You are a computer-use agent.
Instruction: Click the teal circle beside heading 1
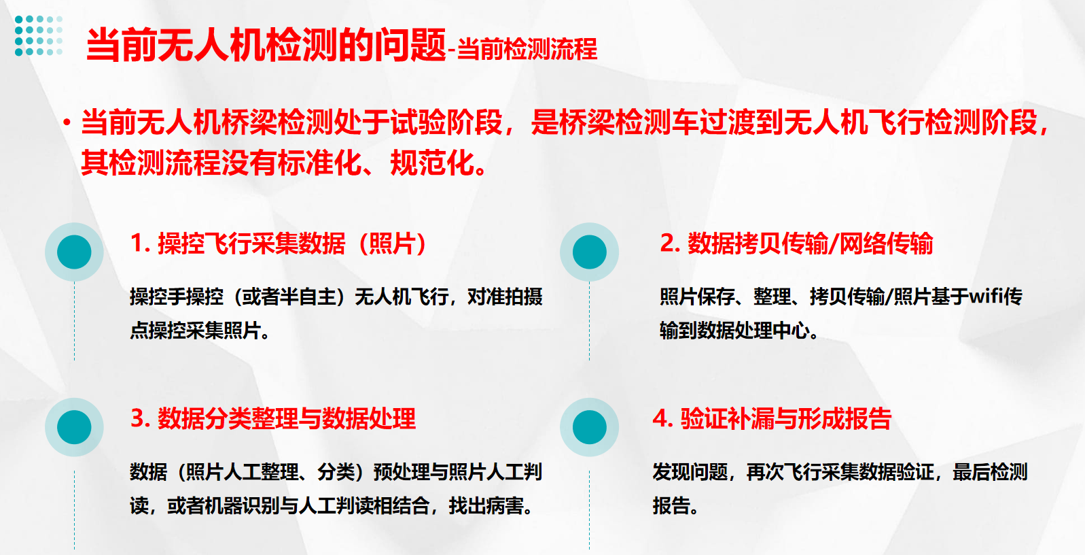[x=74, y=252]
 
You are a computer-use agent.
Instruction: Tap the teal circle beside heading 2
[x=590, y=252]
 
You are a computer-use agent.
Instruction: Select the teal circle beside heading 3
[x=74, y=427]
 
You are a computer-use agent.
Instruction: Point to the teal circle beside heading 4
[x=590, y=427]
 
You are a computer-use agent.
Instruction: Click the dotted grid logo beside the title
[x=39, y=35]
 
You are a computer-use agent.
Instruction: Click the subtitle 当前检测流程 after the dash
[x=527, y=49]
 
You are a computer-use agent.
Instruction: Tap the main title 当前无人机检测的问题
[x=266, y=45]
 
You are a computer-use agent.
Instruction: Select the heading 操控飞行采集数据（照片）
[x=279, y=243]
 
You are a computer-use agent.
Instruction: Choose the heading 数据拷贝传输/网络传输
[x=796, y=243]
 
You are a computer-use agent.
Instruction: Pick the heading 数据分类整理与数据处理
[x=273, y=418]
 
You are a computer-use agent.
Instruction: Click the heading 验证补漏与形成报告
[x=772, y=418]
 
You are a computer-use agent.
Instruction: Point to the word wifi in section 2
[x=985, y=296]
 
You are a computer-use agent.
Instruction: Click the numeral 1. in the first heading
[x=141, y=243]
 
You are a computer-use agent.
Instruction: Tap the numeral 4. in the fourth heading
[x=662, y=418]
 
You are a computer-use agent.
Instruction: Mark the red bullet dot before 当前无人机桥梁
[x=67, y=122]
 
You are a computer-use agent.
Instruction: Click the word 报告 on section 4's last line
[x=671, y=506]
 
